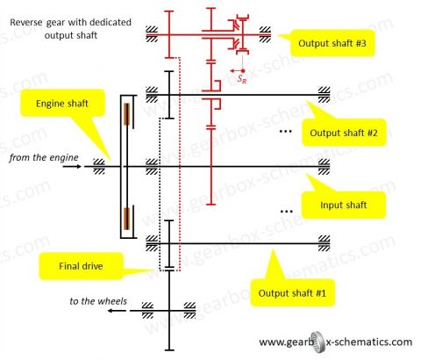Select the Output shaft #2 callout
click(x=343, y=133)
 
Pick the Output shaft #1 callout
click(x=289, y=292)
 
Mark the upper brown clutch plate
click(x=128, y=114)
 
